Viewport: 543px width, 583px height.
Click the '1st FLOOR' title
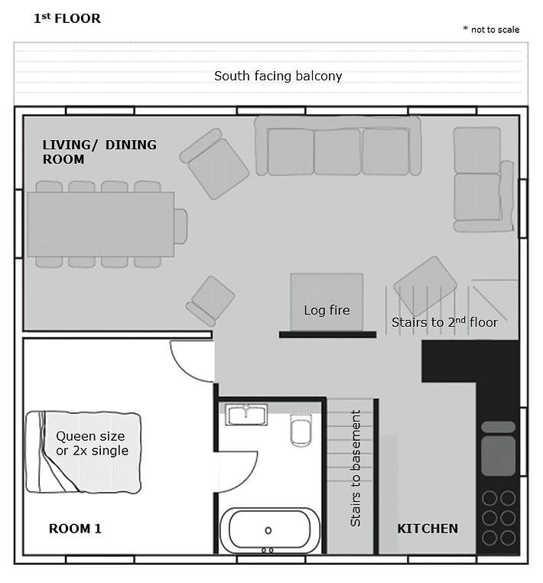(x=67, y=18)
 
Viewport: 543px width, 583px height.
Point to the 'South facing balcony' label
(x=278, y=76)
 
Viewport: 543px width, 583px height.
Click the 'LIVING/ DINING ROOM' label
(x=99, y=151)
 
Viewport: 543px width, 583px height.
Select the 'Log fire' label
(x=327, y=310)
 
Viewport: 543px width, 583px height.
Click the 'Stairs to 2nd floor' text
(x=444, y=322)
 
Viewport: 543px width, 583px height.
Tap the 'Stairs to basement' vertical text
(x=356, y=468)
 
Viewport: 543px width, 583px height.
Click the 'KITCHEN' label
(x=428, y=529)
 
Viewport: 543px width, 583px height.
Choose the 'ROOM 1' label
(x=75, y=529)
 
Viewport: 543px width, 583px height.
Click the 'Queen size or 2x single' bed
(x=83, y=452)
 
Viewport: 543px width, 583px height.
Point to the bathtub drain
(x=268, y=530)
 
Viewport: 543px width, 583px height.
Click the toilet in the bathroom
(x=301, y=431)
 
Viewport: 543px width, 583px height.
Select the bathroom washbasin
(x=246, y=414)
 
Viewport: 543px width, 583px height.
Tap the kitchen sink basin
(x=498, y=455)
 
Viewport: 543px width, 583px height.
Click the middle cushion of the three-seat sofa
(x=337, y=151)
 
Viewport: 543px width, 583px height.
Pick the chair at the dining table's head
(x=180, y=226)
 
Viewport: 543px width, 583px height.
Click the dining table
(x=100, y=224)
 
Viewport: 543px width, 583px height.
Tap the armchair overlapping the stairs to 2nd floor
(x=425, y=286)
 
